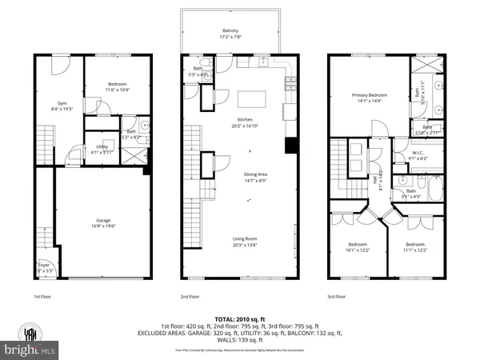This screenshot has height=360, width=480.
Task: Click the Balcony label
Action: [x=230, y=32]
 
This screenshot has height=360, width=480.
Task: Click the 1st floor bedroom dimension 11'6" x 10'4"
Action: [x=118, y=90]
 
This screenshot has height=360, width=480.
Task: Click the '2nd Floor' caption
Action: [x=191, y=297]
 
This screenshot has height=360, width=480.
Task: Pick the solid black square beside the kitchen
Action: [x=290, y=146]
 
